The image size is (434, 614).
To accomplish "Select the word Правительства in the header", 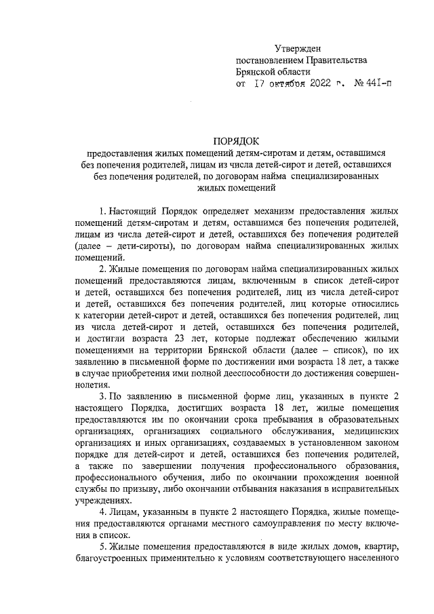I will point(335,60).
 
